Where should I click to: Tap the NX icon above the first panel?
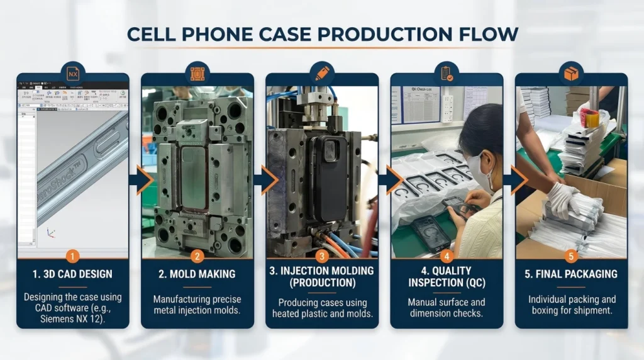(x=73, y=74)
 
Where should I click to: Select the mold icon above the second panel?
(x=197, y=74)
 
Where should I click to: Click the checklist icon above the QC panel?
(x=447, y=74)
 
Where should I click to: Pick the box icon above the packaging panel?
(x=571, y=74)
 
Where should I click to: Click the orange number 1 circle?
(x=73, y=256)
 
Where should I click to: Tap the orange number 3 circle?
(x=322, y=256)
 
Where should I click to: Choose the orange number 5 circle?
(x=571, y=256)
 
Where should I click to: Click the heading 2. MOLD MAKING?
(x=197, y=274)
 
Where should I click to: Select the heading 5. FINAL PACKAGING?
(x=571, y=274)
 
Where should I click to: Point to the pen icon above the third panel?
(x=322, y=74)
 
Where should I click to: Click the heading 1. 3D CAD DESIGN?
(x=73, y=274)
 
